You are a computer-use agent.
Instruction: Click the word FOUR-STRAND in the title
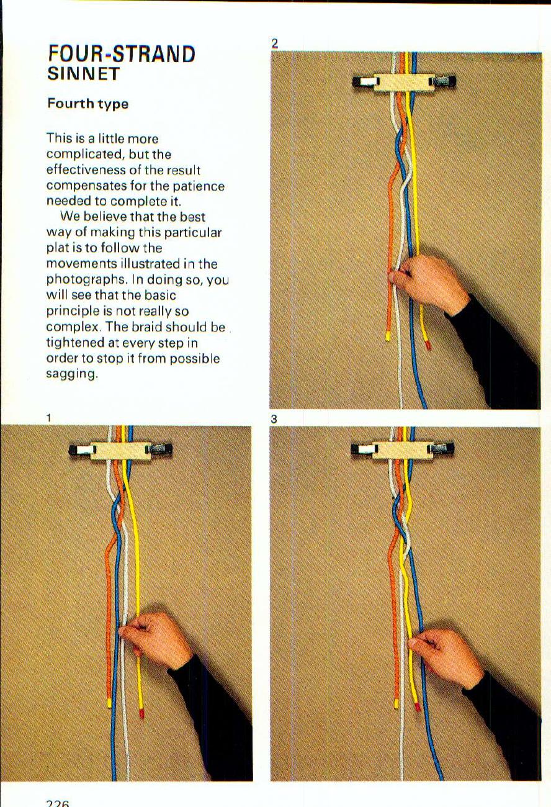tap(122, 54)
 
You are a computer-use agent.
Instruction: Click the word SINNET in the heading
tap(83, 74)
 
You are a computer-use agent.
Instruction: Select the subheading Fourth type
tap(87, 104)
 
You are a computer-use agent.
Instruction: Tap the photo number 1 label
tap(48, 418)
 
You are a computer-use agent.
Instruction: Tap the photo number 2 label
tap(274, 43)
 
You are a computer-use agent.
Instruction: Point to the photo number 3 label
tap(274, 419)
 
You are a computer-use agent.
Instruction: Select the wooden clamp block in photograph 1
tap(120, 449)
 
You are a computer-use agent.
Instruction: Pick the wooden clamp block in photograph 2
tap(403, 82)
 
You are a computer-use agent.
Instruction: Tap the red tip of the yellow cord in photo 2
tap(427, 343)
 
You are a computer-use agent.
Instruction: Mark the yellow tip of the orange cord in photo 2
tap(388, 336)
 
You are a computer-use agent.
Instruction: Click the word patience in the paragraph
tap(204, 186)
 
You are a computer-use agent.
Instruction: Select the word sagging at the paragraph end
tap(71, 374)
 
